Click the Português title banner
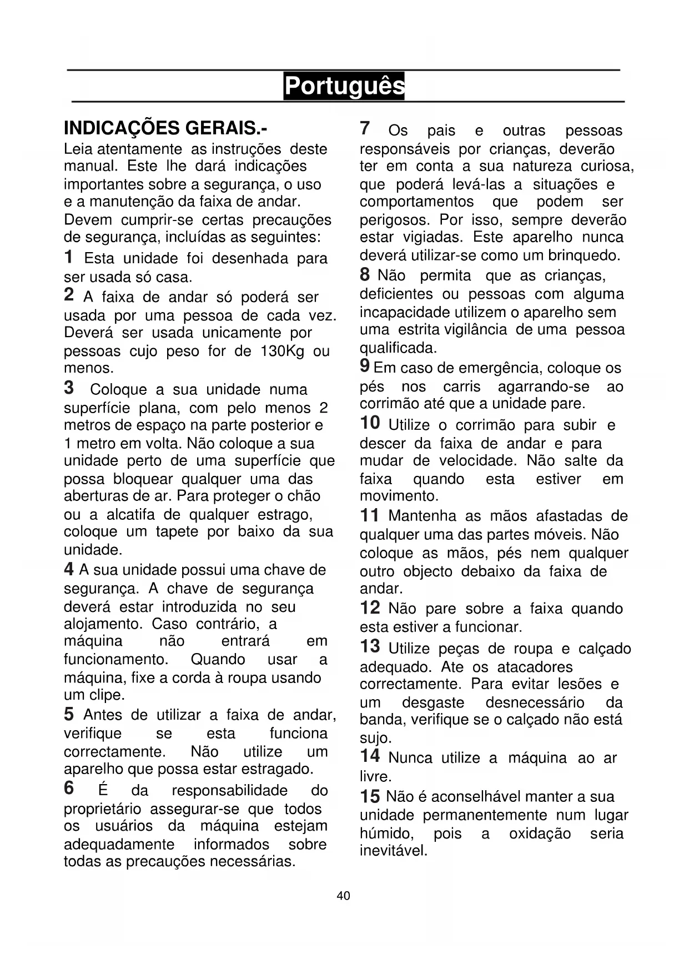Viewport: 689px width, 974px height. tap(344, 86)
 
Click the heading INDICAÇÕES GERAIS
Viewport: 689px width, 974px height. tap(165, 128)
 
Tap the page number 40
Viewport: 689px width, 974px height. tap(344, 896)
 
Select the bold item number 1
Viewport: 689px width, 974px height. tap(68, 257)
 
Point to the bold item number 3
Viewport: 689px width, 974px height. tap(69, 387)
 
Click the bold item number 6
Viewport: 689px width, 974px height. tap(69, 788)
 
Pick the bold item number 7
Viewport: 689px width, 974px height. tap(365, 128)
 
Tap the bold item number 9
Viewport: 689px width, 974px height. tap(365, 365)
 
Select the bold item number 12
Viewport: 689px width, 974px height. tap(370, 608)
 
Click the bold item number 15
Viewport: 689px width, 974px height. tap(370, 796)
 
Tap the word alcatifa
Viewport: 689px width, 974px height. tap(130, 514)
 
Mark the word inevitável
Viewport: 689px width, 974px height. tap(393, 851)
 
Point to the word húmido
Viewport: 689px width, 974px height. tap(386, 833)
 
